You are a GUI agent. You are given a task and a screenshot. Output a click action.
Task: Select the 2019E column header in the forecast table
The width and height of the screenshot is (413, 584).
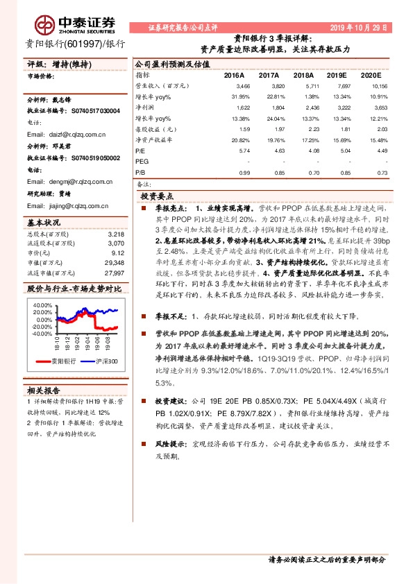click(337, 74)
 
